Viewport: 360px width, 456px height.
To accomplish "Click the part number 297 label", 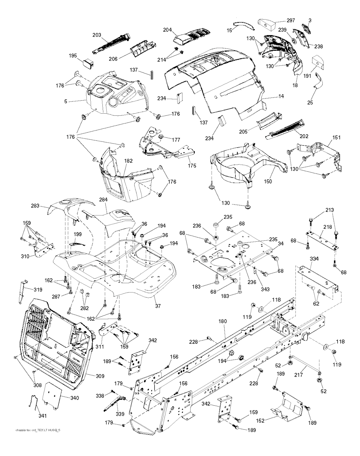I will click(x=290, y=20).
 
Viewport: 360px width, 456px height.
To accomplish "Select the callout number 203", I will click(x=97, y=35).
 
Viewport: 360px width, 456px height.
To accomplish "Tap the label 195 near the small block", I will click(x=73, y=56).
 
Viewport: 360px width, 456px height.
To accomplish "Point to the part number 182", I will click(x=128, y=161).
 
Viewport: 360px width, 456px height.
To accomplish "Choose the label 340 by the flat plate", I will click(x=74, y=398).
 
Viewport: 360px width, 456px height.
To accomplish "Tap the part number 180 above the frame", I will click(x=223, y=321).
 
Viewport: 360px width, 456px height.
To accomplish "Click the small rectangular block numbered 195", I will click(x=88, y=63).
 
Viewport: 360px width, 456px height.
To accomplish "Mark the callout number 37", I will click(x=158, y=306).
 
